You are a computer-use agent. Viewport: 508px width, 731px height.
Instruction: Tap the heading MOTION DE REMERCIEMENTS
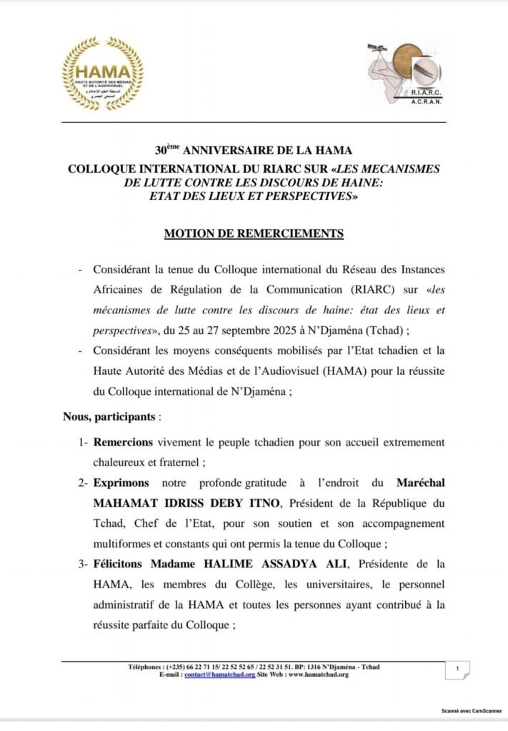pos(254,233)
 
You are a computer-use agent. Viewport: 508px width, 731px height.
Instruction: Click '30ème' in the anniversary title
pos(169,151)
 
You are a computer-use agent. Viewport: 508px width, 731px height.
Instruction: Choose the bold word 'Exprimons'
pos(120,484)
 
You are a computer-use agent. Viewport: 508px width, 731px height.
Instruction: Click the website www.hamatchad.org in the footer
pos(319,675)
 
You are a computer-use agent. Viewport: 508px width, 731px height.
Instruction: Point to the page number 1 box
pos(457,670)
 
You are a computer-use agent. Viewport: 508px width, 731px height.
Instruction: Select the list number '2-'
pos(84,484)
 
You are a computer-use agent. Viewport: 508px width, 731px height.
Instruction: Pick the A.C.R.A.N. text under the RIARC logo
pos(427,102)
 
